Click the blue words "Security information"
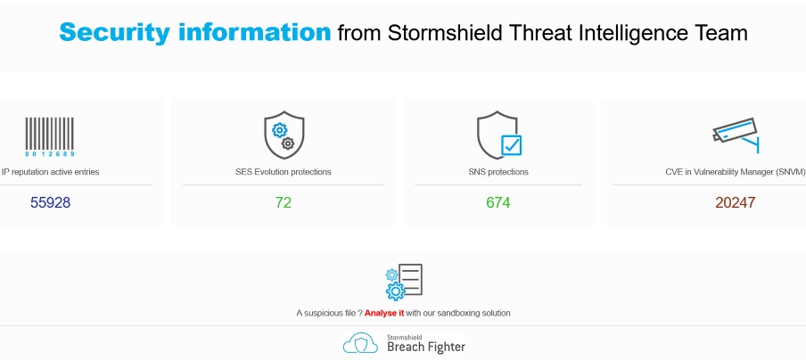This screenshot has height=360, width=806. [x=194, y=33]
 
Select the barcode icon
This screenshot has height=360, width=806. [x=50, y=136]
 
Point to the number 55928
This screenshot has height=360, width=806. [x=50, y=202]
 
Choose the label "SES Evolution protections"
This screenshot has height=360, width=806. [x=284, y=171]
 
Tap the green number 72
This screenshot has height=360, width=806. [x=284, y=202]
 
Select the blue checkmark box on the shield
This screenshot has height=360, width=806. [x=511, y=145]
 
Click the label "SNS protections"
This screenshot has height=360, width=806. [x=498, y=171]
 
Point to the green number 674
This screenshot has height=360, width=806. [x=498, y=202]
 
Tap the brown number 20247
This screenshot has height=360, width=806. [x=736, y=202]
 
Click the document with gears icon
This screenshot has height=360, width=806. [x=403, y=282]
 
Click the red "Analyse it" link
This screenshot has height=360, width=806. [x=384, y=313]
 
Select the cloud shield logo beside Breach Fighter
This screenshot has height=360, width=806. [x=361, y=343]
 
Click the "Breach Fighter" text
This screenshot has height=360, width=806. [x=425, y=347]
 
